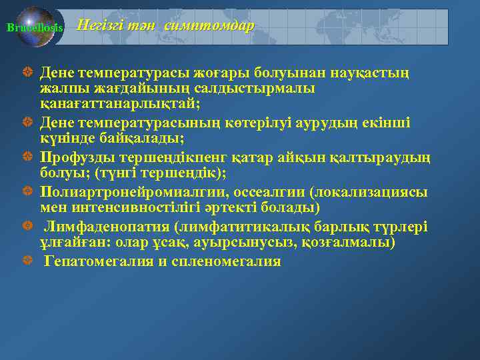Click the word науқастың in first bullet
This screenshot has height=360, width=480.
click(x=371, y=71)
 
